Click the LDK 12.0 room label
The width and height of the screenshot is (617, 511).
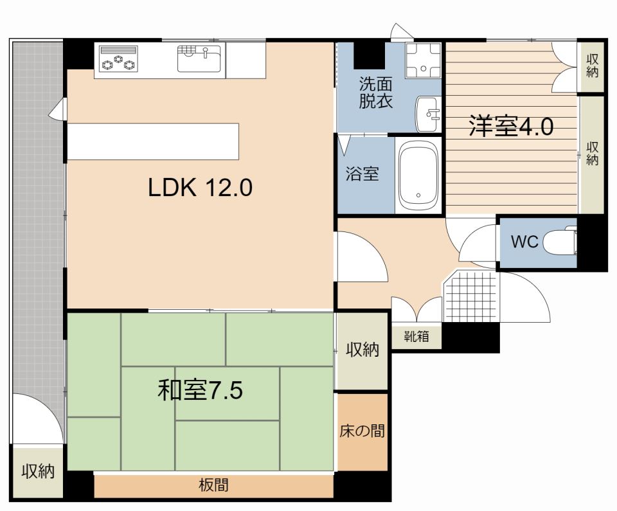(200, 188)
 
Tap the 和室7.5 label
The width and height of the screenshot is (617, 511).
(200, 390)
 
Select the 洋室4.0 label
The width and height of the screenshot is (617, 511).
(511, 127)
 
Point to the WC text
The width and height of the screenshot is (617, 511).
(524, 241)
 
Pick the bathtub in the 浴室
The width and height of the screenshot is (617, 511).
(418, 175)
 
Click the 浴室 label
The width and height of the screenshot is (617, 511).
(362, 173)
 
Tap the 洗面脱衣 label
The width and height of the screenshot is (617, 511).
(376, 93)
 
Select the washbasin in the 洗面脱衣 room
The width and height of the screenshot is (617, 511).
(428, 114)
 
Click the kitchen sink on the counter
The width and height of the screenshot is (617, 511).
(199, 58)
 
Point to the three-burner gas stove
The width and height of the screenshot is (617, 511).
(118, 58)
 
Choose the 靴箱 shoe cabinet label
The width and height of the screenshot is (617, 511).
(416, 337)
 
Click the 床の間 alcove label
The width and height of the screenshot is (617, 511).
(362, 431)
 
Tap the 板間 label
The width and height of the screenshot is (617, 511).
(213, 485)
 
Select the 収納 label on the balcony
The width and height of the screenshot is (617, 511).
(38, 471)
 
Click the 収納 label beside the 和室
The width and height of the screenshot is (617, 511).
(362, 350)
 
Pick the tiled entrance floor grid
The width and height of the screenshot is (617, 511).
(470, 296)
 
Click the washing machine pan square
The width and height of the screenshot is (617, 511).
(424, 60)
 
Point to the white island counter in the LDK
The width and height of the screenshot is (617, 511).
(153, 141)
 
